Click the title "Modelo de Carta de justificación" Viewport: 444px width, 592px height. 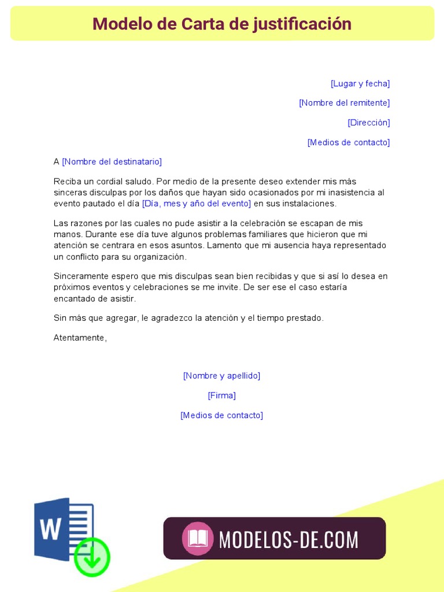[222, 24]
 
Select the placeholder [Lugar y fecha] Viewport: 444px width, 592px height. [360, 83]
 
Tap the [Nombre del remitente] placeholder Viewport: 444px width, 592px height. [344, 103]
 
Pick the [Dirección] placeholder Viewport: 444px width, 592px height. [369, 123]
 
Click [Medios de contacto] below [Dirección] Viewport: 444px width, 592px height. [349, 142]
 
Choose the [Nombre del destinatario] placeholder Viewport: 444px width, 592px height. [112, 162]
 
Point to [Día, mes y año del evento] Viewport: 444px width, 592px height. [197, 203]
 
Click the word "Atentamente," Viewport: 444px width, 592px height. [80, 338]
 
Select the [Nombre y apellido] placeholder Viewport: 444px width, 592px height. [221, 376]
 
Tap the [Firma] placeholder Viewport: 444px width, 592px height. [221, 395]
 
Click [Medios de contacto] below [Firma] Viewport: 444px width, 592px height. [221, 415]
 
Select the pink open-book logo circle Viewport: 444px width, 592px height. [198, 539]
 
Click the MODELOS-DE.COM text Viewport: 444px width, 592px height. [288, 539]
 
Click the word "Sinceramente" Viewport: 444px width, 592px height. [80, 276]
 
